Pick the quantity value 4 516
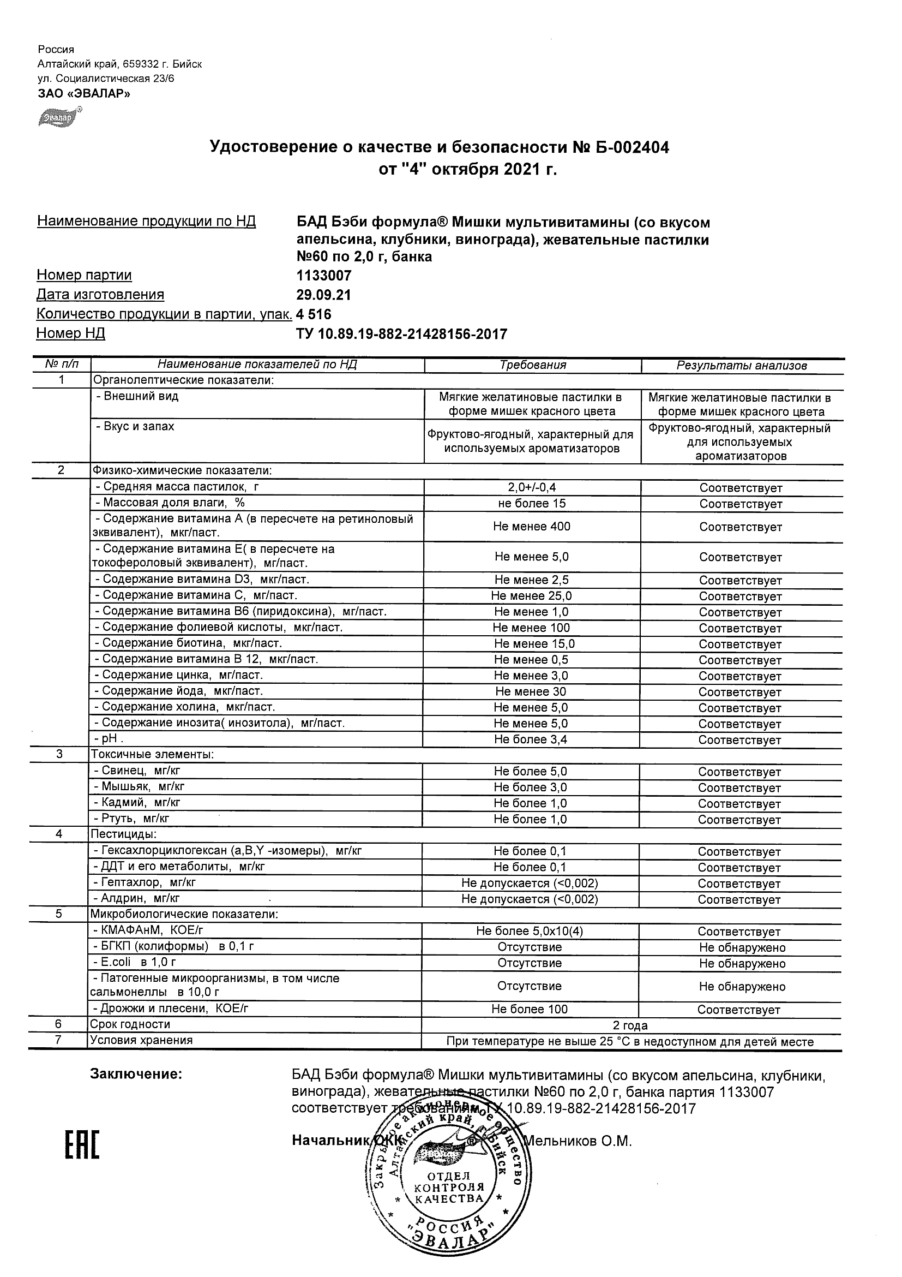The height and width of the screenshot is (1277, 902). click(314, 314)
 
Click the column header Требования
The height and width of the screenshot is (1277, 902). click(532, 365)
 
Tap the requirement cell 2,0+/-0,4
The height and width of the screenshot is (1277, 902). click(532, 487)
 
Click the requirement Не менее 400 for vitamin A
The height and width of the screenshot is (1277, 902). click(531, 526)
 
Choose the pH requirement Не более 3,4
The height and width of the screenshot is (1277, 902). click(531, 739)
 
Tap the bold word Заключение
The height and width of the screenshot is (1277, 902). click(136, 1074)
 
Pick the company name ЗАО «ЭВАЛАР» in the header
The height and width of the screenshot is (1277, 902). click(84, 93)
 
